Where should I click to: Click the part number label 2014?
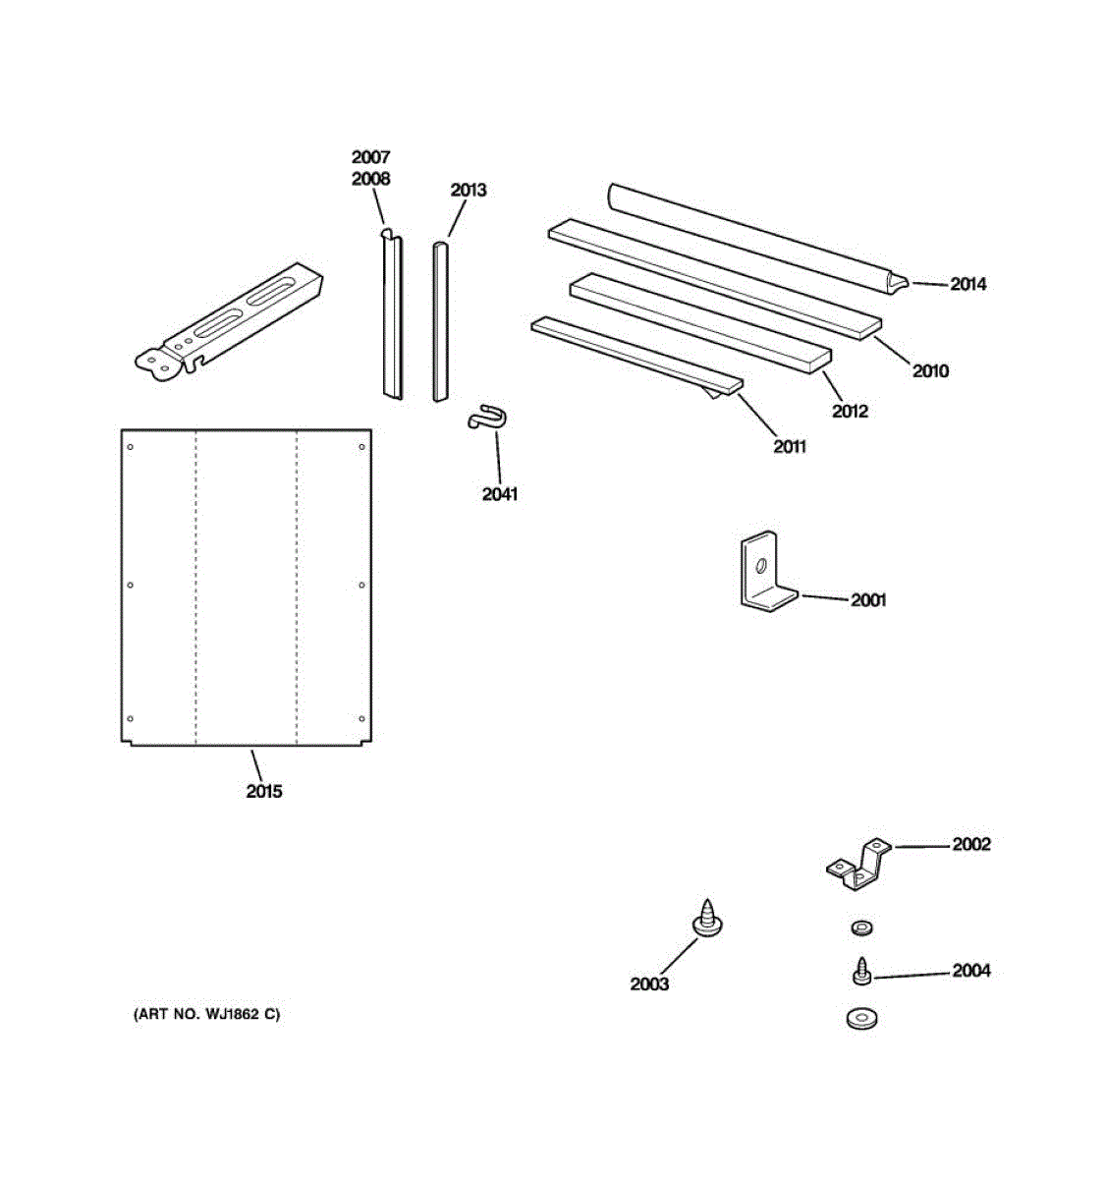click(x=967, y=284)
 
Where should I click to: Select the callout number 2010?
click(x=930, y=370)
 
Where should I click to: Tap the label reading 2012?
click(x=850, y=411)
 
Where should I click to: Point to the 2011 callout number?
click(x=789, y=447)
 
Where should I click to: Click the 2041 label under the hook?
click(x=499, y=494)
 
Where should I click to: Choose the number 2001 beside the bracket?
click(x=868, y=599)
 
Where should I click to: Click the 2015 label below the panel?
click(x=263, y=791)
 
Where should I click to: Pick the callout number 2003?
click(x=649, y=983)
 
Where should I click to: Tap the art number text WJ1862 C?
click(x=206, y=1014)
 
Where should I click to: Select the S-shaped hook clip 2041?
click(x=486, y=417)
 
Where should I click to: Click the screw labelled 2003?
click(x=708, y=918)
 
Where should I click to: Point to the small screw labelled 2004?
click(x=861, y=971)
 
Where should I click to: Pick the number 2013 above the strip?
click(x=468, y=190)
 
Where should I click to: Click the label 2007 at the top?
click(x=370, y=157)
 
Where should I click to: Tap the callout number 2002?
click(x=970, y=844)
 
